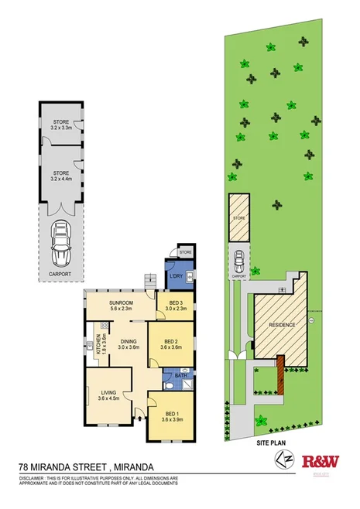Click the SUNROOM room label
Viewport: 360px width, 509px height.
tap(122, 303)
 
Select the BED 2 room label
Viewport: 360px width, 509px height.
tap(170, 343)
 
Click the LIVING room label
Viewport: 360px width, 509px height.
tap(108, 395)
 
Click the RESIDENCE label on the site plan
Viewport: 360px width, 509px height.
tap(281, 325)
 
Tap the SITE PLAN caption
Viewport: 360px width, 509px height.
tap(272, 446)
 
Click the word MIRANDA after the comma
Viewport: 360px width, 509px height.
tap(145, 467)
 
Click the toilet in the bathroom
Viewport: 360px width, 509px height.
tap(168, 384)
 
